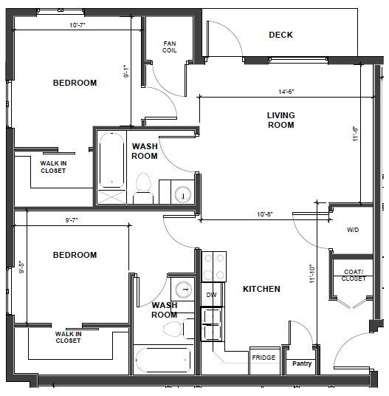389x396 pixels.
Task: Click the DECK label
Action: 280,35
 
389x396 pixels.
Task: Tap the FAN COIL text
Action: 170,47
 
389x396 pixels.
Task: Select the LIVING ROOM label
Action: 280,120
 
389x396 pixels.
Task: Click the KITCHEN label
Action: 261,289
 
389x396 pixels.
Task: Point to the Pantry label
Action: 302,363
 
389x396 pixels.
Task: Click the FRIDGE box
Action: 265,361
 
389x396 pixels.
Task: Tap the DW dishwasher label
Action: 211,295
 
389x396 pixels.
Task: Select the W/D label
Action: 353,230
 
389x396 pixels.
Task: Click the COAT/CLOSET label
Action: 354,276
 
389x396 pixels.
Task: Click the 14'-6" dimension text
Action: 286,92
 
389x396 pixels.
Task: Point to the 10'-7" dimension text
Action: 78,25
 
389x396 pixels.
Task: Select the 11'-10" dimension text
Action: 312,274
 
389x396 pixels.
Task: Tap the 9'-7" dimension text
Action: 72,220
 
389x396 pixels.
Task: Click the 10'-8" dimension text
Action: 265,214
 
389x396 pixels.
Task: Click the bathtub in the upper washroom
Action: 111,160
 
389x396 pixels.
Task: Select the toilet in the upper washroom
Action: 143,188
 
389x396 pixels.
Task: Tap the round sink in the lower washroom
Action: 184,290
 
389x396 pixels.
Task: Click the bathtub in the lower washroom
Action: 163,360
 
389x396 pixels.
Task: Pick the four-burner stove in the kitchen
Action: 213,267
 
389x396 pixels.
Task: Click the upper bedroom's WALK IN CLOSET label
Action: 53,167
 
